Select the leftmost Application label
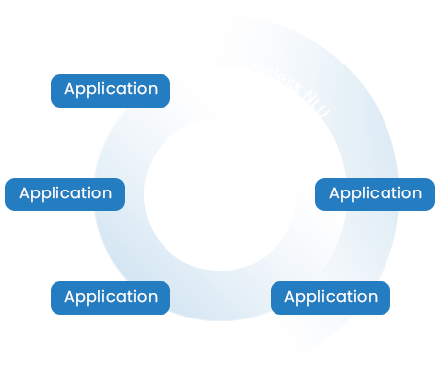coord(65,192)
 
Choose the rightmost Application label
coord(375,192)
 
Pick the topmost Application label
coord(111,89)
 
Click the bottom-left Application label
coord(111,296)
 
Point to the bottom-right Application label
coord(331,296)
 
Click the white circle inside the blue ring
coord(218,194)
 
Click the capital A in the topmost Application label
coord(70,89)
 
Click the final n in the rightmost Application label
coord(416,192)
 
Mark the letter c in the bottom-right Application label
coord(325,296)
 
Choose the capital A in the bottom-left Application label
coord(70,296)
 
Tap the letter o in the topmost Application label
coord(142,89)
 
